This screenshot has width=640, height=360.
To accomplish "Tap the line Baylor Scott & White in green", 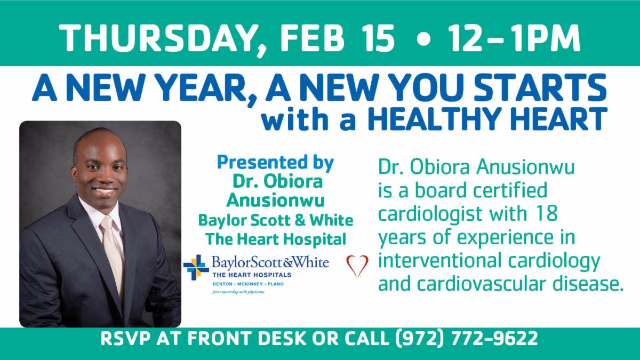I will click(x=276, y=220).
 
